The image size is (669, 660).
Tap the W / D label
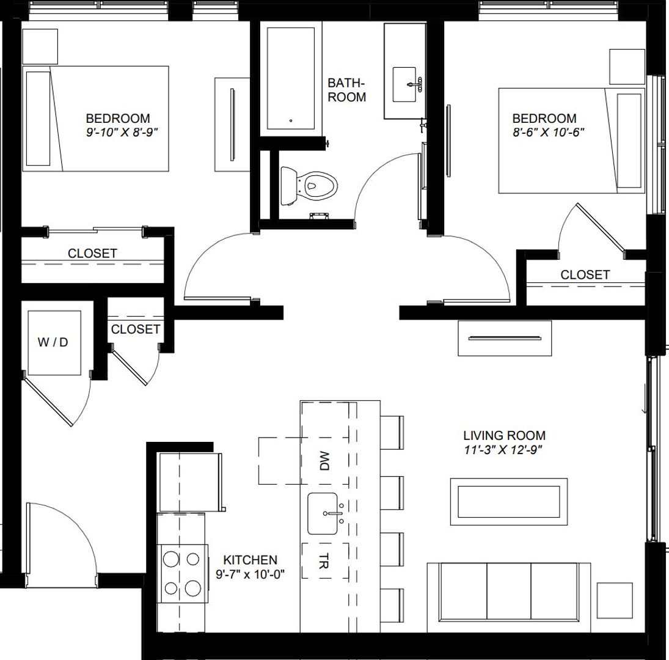click(53, 342)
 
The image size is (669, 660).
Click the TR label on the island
click(324, 562)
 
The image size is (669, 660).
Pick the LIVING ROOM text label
click(504, 436)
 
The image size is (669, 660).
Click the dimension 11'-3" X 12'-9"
click(503, 450)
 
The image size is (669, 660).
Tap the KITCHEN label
click(250, 560)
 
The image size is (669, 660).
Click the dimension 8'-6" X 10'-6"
click(544, 133)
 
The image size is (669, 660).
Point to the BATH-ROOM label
click(347, 90)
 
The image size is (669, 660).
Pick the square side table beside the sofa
click(614, 601)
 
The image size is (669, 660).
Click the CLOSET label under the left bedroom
click(92, 253)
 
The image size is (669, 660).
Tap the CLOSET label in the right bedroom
click(585, 275)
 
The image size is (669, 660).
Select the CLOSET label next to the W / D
click(136, 329)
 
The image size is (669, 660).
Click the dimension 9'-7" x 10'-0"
click(250, 574)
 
